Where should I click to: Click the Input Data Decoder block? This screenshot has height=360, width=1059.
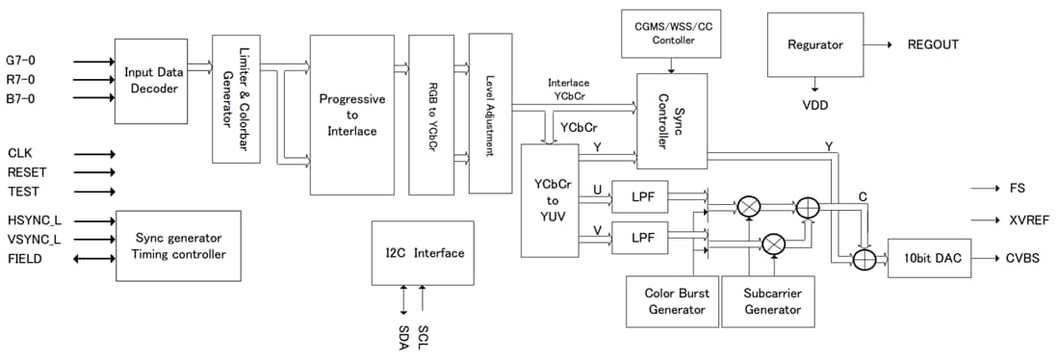(x=151, y=82)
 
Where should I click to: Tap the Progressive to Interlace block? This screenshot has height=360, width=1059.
(x=352, y=115)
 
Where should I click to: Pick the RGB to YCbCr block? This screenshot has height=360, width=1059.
(x=431, y=115)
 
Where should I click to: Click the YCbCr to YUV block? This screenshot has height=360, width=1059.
(x=550, y=200)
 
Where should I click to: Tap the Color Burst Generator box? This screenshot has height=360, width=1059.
(x=666, y=301)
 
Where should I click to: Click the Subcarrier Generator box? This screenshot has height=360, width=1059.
(x=772, y=301)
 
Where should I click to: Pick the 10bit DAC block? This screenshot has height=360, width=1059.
(x=928, y=258)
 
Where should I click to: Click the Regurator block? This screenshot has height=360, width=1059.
(x=814, y=45)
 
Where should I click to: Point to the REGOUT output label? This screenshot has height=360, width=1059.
(x=933, y=45)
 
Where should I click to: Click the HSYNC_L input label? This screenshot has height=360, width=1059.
(x=34, y=220)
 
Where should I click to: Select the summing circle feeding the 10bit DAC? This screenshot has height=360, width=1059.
(x=864, y=258)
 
